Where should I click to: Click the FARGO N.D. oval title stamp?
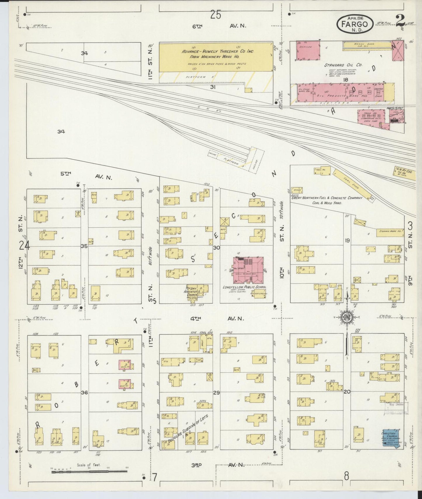[x=355, y=24]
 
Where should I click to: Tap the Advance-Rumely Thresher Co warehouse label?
[x=218, y=54]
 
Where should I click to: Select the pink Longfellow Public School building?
[x=248, y=270]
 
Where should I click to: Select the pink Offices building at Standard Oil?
[x=308, y=50]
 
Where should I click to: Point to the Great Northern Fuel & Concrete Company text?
[x=326, y=198]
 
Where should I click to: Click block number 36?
[x=84, y=392]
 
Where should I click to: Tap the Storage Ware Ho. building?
[x=390, y=231]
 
